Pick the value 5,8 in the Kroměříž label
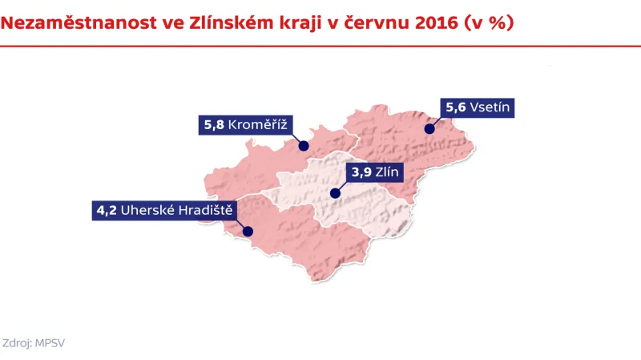(x=214, y=124)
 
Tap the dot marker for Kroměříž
(x=304, y=146)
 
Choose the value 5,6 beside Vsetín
(x=455, y=107)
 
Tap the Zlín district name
(x=392, y=172)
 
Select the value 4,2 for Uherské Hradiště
(x=107, y=211)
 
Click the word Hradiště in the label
(x=205, y=211)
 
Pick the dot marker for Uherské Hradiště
(x=248, y=233)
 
